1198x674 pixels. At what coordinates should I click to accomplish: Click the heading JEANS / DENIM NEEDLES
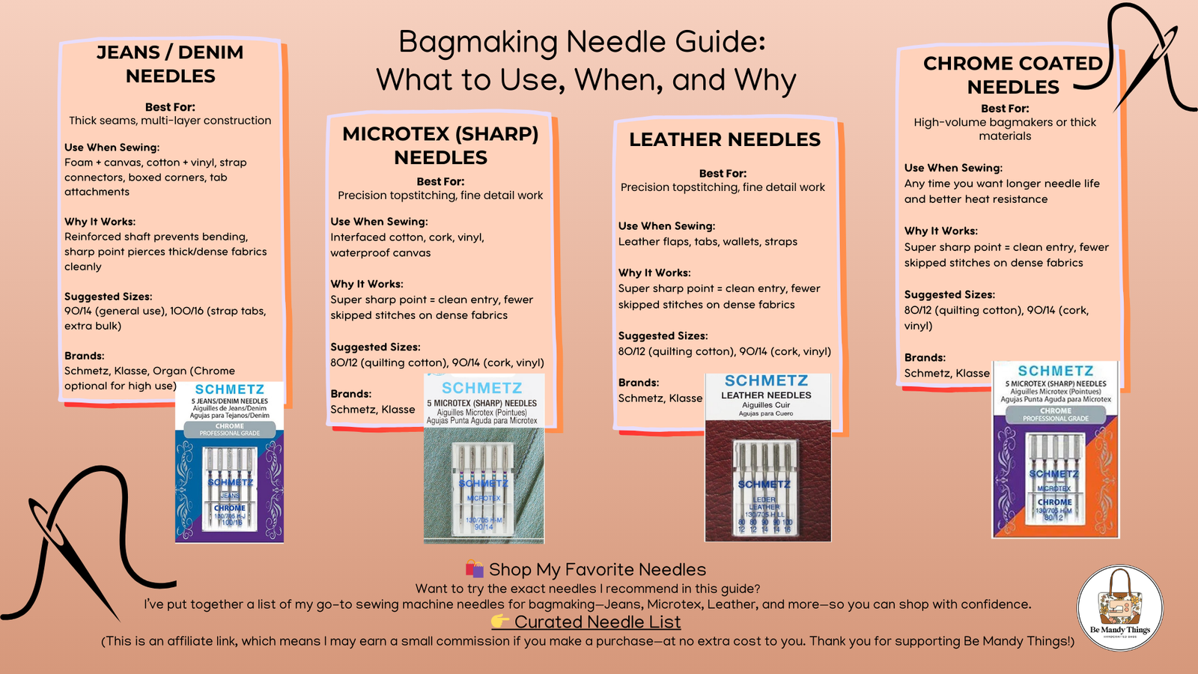(170, 64)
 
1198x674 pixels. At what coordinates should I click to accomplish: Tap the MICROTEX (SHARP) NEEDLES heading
(440, 145)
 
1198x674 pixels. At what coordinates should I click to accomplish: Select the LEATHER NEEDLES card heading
(724, 139)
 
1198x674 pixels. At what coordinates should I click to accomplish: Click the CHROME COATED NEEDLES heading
(1012, 75)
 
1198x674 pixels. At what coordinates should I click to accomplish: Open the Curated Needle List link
(597, 622)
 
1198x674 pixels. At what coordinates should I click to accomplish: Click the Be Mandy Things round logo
(1119, 607)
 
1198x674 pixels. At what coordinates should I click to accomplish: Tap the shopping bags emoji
(474, 569)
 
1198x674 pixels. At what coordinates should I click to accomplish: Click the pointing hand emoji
(500, 622)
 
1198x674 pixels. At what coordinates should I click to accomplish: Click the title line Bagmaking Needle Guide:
(582, 42)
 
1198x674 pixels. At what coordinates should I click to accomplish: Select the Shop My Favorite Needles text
(597, 570)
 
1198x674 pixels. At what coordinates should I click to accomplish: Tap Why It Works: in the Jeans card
(100, 222)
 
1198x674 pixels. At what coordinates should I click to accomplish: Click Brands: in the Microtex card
(351, 394)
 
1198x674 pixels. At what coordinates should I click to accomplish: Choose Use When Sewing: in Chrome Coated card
(953, 168)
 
